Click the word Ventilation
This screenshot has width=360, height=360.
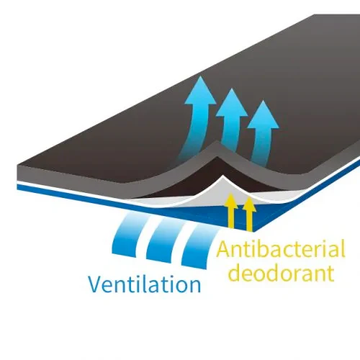click(145, 284)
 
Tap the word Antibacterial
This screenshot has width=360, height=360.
click(281, 249)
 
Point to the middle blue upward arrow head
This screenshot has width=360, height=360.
click(231, 102)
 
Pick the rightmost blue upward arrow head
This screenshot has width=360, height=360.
click(263, 114)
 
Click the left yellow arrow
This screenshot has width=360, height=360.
click(231, 210)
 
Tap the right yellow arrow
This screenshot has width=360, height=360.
click(250, 215)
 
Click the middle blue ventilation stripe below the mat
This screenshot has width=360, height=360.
click(166, 240)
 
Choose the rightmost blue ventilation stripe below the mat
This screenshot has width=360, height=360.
click(200, 246)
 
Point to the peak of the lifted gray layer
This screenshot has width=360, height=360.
click(217, 142)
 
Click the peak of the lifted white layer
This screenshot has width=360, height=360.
click(223, 176)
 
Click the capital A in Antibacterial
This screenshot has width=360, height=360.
click(223, 250)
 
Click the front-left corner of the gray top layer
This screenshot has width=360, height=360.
click(18, 165)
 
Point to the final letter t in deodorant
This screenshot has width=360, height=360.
click(331, 273)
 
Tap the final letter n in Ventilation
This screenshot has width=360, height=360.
click(194, 287)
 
